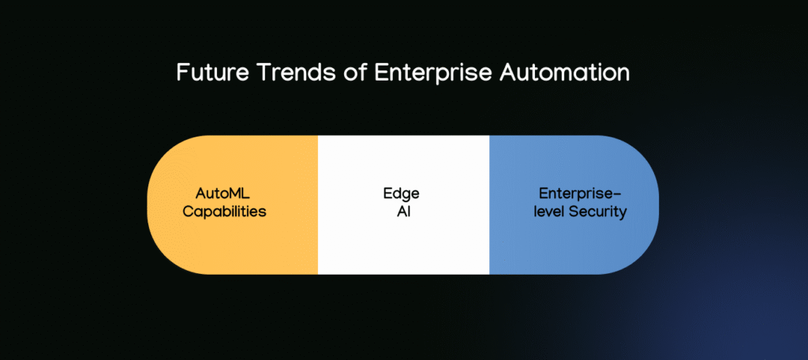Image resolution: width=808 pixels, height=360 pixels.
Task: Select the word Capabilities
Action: coord(224,212)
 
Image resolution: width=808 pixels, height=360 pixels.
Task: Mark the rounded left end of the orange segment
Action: coord(153,204)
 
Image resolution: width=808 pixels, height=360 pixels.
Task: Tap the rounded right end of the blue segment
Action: coord(653,204)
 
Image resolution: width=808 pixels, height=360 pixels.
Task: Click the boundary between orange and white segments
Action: coord(318,204)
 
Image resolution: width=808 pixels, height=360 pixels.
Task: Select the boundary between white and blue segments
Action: coord(489,204)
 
